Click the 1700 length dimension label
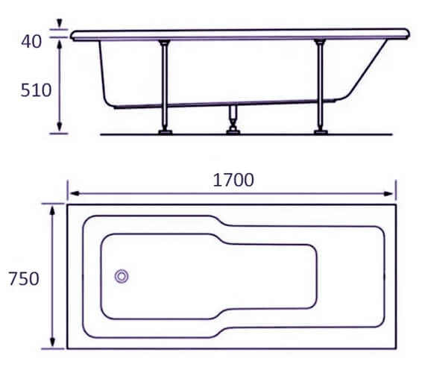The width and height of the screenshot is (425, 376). coord(233,180)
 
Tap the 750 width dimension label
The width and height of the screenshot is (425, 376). coord(23,278)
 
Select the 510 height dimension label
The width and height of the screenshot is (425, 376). coord(36,90)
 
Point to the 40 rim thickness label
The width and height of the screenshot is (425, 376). coord(31,41)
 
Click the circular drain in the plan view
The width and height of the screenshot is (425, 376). coord(122,277)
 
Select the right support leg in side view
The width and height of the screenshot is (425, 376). coord(320,84)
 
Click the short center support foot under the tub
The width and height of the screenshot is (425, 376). coord(233,119)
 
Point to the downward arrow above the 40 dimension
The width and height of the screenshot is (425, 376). coord(59,25)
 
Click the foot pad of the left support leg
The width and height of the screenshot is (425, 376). coord(163,132)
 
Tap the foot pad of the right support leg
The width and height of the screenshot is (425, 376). coord(320,132)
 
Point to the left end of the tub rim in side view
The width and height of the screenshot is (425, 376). coord(74,34)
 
